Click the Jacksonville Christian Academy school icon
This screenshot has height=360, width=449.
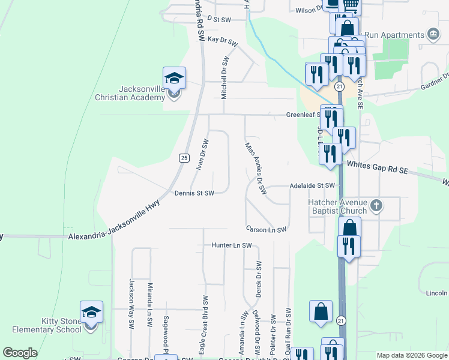click(174, 79)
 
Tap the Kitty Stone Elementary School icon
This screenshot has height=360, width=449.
click(91, 313)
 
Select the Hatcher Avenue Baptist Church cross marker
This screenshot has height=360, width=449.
click(376, 206)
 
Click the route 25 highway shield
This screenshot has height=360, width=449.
click(184, 158)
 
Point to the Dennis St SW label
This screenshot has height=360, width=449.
click(194, 193)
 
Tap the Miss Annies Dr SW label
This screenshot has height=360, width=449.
click(255, 168)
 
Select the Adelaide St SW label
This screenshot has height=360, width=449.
click(312, 186)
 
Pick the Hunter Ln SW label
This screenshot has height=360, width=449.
click(231, 245)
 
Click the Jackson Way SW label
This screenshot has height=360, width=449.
click(131, 304)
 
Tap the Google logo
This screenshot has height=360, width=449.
click(20, 353)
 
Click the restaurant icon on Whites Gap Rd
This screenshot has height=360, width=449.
click(331, 154)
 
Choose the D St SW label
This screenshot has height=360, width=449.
click(219, 20)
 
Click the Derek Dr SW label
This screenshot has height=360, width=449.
click(259, 279)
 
